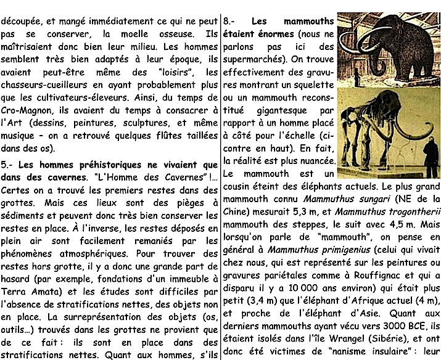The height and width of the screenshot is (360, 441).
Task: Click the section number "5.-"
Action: coord(8,165)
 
